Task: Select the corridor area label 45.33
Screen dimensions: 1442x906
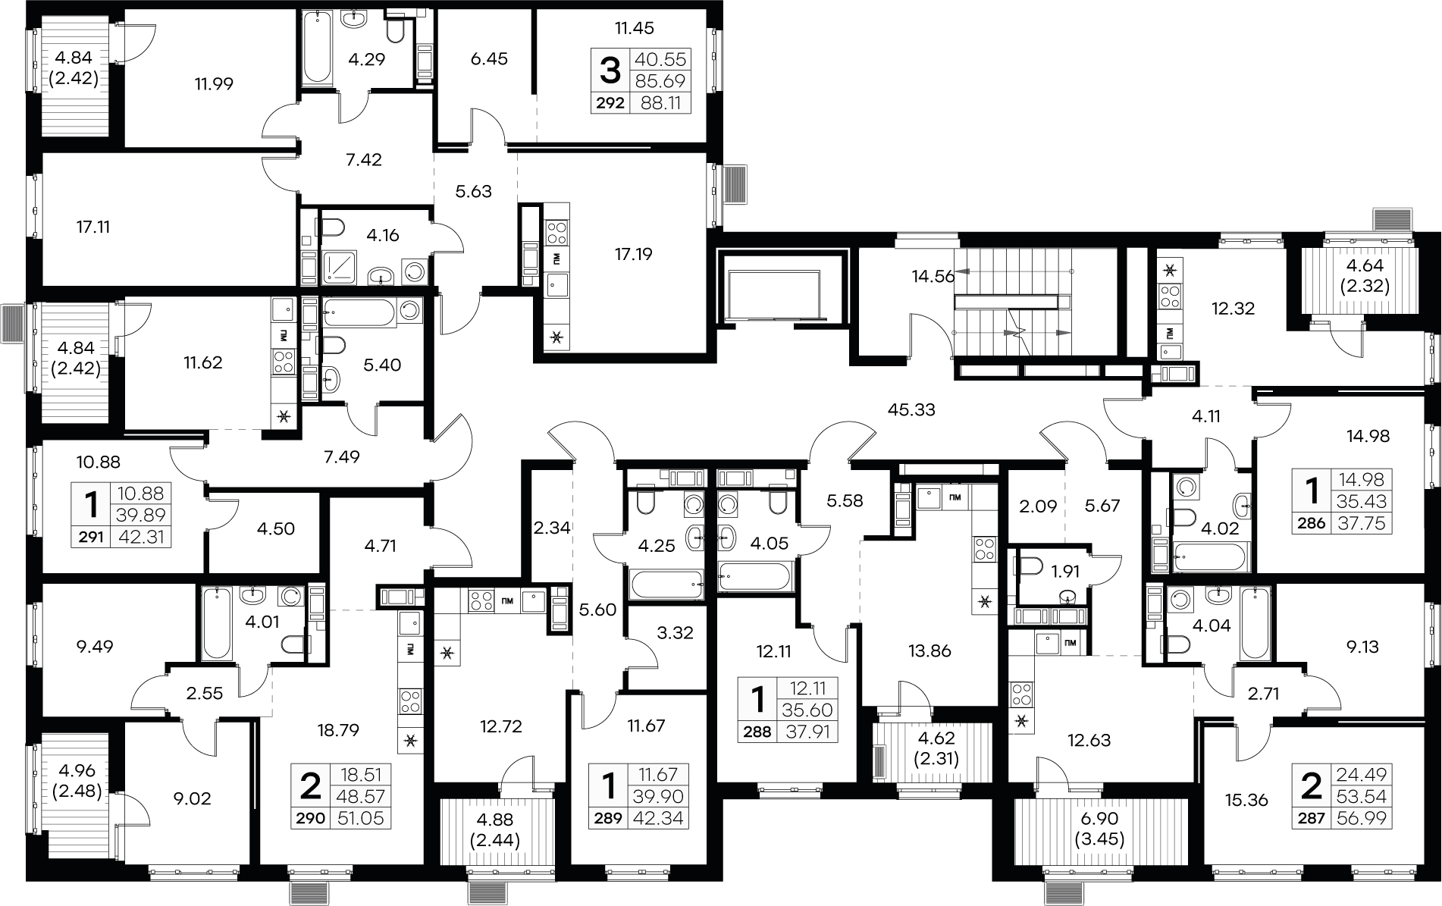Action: coord(911,410)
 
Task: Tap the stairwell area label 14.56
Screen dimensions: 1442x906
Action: coord(933,277)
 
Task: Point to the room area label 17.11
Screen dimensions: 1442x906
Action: coord(93,227)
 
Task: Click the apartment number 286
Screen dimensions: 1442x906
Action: coord(1311,523)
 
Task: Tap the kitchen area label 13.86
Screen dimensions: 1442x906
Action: coord(929,651)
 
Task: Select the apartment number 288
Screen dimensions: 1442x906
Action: coord(758,732)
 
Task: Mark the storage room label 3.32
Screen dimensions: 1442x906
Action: coord(675,632)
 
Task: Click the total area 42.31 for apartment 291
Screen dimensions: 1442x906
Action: coord(141,538)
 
